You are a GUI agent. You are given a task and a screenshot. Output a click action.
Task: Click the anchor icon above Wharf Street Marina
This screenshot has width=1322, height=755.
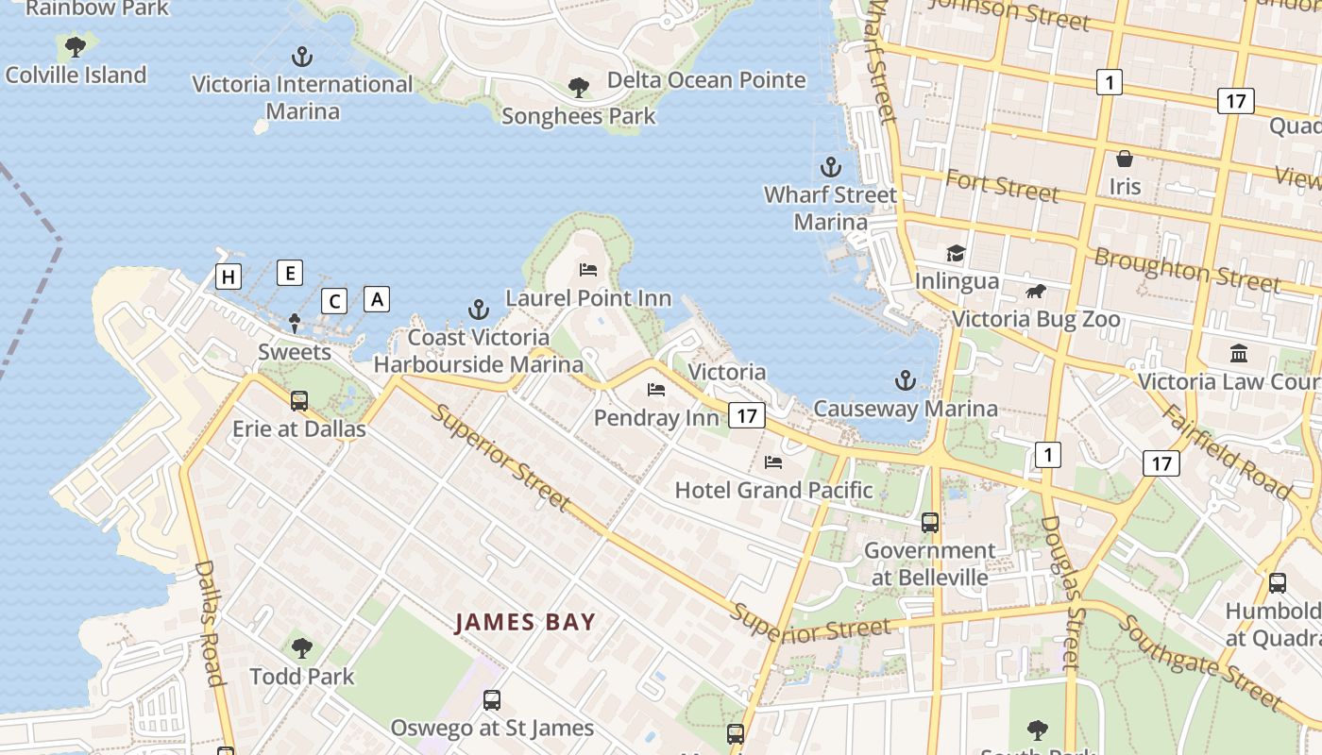click(x=830, y=168)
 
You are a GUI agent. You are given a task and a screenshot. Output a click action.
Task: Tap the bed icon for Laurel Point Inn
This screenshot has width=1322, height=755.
click(x=588, y=270)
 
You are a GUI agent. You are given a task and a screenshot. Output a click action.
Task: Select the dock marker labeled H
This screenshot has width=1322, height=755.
click(x=228, y=277)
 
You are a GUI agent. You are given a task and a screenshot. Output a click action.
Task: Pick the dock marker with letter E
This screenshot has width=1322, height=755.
click(x=290, y=274)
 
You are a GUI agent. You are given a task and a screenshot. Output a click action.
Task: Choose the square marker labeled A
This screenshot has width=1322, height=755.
click(x=377, y=299)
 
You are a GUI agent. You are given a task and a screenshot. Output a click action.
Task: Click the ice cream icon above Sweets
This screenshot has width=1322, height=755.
click(x=295, y=324)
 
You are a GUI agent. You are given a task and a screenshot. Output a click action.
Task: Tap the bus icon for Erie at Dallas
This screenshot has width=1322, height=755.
click(x=299, y=401)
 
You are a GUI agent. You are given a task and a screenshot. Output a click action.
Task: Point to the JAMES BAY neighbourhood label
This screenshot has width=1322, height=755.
click(x=525, y=622)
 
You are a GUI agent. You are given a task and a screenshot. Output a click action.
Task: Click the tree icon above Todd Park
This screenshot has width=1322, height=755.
click(x=302, y=648)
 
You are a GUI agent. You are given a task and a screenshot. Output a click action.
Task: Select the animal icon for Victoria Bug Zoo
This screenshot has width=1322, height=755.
click(x=1036, y=291)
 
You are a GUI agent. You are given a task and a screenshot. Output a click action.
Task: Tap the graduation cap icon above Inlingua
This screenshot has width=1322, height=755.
click(x=957, y=253)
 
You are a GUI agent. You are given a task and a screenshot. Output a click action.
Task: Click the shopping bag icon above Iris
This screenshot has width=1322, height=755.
click(x=1125, y=159)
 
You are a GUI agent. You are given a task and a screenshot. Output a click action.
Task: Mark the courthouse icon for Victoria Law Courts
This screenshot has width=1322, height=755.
click(x=1239, y=353)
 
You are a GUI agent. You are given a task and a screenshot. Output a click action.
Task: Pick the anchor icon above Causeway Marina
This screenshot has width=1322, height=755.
click(x=906, y=380)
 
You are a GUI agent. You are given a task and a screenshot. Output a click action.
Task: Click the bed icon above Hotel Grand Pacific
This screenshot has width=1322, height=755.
click(x=773, y=462)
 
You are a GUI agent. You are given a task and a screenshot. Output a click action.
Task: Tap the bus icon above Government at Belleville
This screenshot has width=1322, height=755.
click(x=930, y=522)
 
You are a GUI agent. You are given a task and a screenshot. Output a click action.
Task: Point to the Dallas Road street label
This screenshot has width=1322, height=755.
click(x=210, y=623)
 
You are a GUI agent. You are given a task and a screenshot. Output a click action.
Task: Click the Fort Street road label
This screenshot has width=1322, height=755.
click(x=1002, y=186)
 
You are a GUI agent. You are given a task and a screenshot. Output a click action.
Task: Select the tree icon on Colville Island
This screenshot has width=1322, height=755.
click(x=75, y=46)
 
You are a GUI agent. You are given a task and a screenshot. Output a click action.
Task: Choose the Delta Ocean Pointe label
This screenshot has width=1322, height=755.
click(x=706, y=80)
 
